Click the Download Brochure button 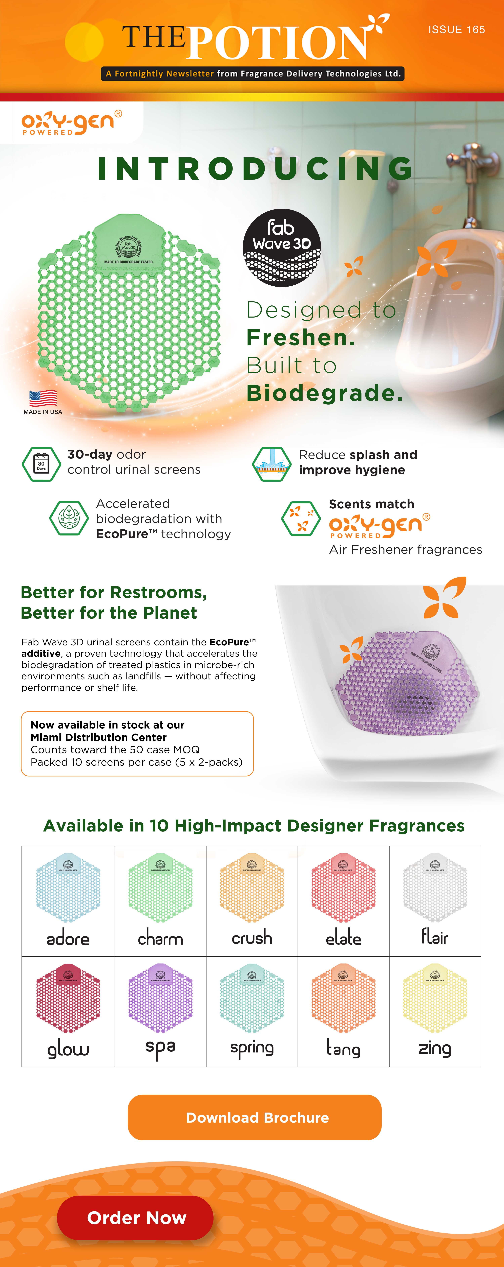pos(255,1117)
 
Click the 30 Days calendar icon pos(41,464)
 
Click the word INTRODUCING pos(255,169)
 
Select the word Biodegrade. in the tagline pos(324,393)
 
